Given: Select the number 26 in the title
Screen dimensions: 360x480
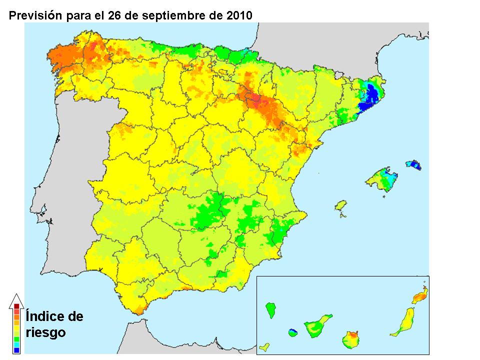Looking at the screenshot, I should click(x=114, y=15).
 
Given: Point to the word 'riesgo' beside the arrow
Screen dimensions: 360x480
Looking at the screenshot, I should click(x=45, y=332).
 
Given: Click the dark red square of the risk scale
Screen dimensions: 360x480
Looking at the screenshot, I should click(x=16, y=305).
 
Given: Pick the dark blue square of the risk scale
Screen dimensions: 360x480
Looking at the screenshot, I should click(x=16, y=350).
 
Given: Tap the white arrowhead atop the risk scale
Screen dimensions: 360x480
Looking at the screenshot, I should click(x=16, y=298).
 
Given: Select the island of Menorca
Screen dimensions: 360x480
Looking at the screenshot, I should click(x=413, y=164).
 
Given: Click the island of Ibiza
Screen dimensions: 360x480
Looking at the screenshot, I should click(x=341, y=207).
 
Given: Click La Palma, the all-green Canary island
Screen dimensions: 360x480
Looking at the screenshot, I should click(x=271, y=310).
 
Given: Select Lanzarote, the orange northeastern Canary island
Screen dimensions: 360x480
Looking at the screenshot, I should click(x=420, y=296).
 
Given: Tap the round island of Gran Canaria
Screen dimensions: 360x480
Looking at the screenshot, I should click(x=351, y=340).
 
